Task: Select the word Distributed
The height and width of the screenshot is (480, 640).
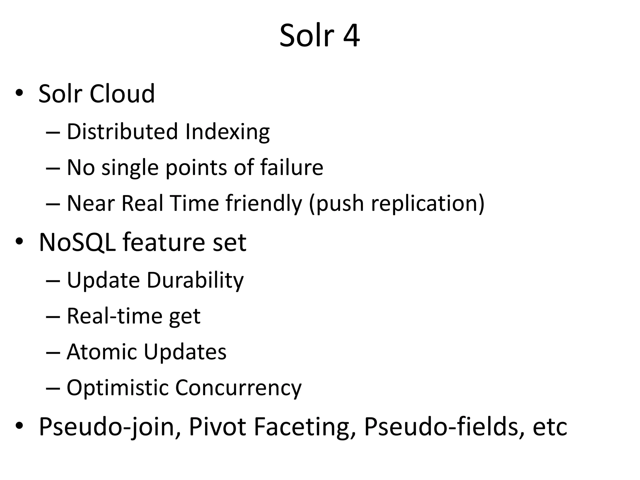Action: click(122, 132)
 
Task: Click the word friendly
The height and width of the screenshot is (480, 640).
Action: click(264, 204)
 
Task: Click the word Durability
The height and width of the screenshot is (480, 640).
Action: click(195, 280)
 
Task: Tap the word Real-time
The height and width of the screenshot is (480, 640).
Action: click(114, 316)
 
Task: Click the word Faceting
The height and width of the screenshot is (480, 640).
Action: click(305, 427)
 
